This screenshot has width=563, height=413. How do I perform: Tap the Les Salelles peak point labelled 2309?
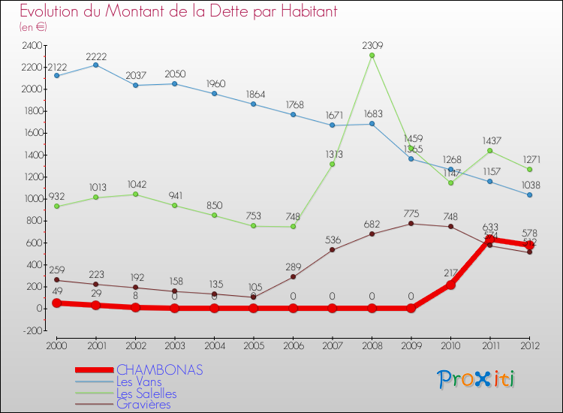tap(372, 56)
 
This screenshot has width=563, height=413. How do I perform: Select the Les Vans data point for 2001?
tap(95, 65)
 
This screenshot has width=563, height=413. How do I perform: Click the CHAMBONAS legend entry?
tap(159, 370)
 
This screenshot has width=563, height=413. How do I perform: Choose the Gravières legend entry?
tap(143, 405)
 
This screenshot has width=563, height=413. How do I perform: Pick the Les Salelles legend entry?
tap(146, 393)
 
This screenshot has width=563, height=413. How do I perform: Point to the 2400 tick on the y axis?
tap(33, 46)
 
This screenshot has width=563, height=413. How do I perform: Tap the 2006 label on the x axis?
tap(293, 345)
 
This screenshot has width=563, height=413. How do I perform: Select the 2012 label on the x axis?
tap(529, 345)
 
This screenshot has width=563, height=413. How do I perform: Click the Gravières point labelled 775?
tap(411, 224)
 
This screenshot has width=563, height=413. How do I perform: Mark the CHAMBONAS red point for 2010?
tap(450, 285)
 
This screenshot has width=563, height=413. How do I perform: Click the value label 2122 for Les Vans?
tap(57, 68)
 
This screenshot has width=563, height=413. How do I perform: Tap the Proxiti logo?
tap(476, 379)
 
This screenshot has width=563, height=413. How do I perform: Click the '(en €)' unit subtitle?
tap(33, 27)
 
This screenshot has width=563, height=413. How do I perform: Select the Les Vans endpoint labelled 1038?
tap(529, 194)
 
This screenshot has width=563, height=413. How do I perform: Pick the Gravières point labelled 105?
tap(253, 297)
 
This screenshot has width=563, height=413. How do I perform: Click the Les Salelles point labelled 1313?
tap(332, 164)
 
